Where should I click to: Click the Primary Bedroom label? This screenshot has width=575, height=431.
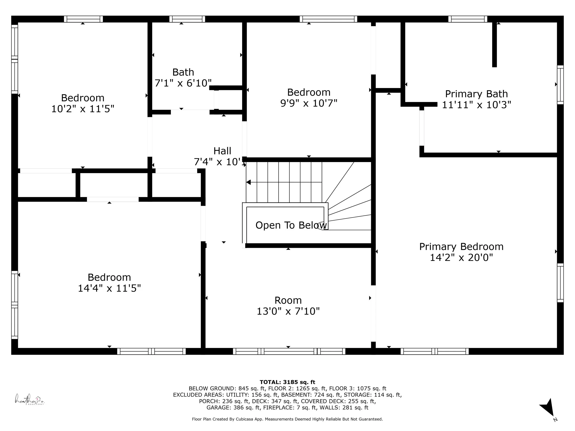(x=461, y=247)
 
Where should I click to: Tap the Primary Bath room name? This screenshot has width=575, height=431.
(x=477, y=94)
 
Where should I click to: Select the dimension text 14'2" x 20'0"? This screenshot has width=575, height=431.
(x=461, y=257)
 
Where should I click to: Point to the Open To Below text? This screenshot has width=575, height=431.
(x=291, y=225)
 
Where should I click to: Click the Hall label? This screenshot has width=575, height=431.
(x=222, y=151)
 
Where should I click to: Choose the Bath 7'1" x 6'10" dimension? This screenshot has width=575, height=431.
(x=183, y=83)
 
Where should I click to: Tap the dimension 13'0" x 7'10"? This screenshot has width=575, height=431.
(x=288, y=311)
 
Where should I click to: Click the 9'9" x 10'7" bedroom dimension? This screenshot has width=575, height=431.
(x=309, y=103)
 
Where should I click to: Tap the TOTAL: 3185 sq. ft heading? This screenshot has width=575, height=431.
(x=287, y=382)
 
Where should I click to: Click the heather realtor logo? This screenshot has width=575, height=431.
(x=29, y=399)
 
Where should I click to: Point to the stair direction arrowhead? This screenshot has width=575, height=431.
(x=248, y=182)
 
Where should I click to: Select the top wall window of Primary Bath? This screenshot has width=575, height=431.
(x=468, y=19)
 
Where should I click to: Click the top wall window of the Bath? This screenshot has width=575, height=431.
(x=187, y=19)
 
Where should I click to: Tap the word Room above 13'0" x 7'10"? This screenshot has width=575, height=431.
(x=288, y=301)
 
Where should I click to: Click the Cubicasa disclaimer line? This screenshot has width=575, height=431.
(x=287, y=419)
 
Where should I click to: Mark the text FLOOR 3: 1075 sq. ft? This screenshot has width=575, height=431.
(x=358, y=389)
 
